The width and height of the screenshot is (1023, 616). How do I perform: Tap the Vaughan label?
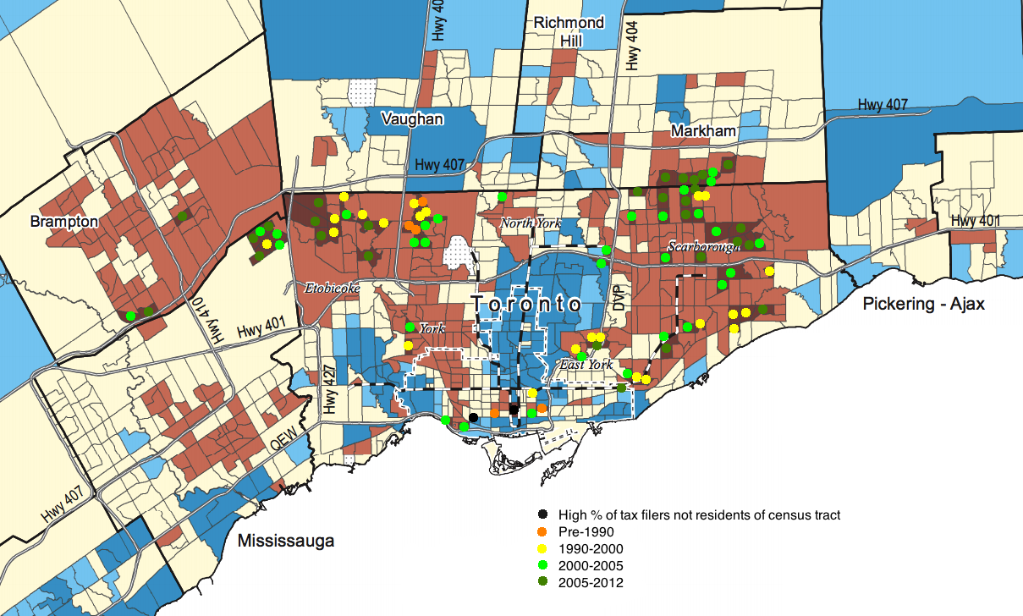(411, 118)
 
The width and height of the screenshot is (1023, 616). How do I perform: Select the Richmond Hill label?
(569, 31)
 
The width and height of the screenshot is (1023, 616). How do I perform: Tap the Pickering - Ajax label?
(924, 304)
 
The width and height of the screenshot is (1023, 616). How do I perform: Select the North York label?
(530, 223)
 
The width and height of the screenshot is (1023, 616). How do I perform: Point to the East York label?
(586, 365)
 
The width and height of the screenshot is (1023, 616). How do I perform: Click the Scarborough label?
(698, 247)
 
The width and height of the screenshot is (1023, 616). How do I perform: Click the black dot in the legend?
(542, 514)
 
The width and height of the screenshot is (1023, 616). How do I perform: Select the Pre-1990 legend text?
(586, 531)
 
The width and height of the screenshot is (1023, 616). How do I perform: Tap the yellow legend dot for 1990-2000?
(542, 548)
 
